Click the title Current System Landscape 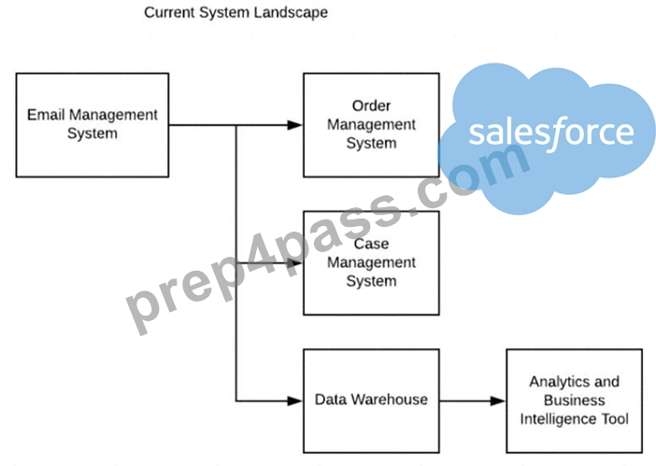(x=236, y=12)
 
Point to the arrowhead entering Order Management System (x=294, y=125)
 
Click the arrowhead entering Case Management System (x=294, y=262)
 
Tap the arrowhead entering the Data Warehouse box (x=294, y=401)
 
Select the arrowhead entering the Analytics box (x=497, y=401)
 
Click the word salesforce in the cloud (x=551, y=132)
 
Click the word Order (x=372, y=106)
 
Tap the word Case (x=372, y=244)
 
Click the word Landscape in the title (x=292, y=12)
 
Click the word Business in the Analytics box (x=575, y=401)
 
